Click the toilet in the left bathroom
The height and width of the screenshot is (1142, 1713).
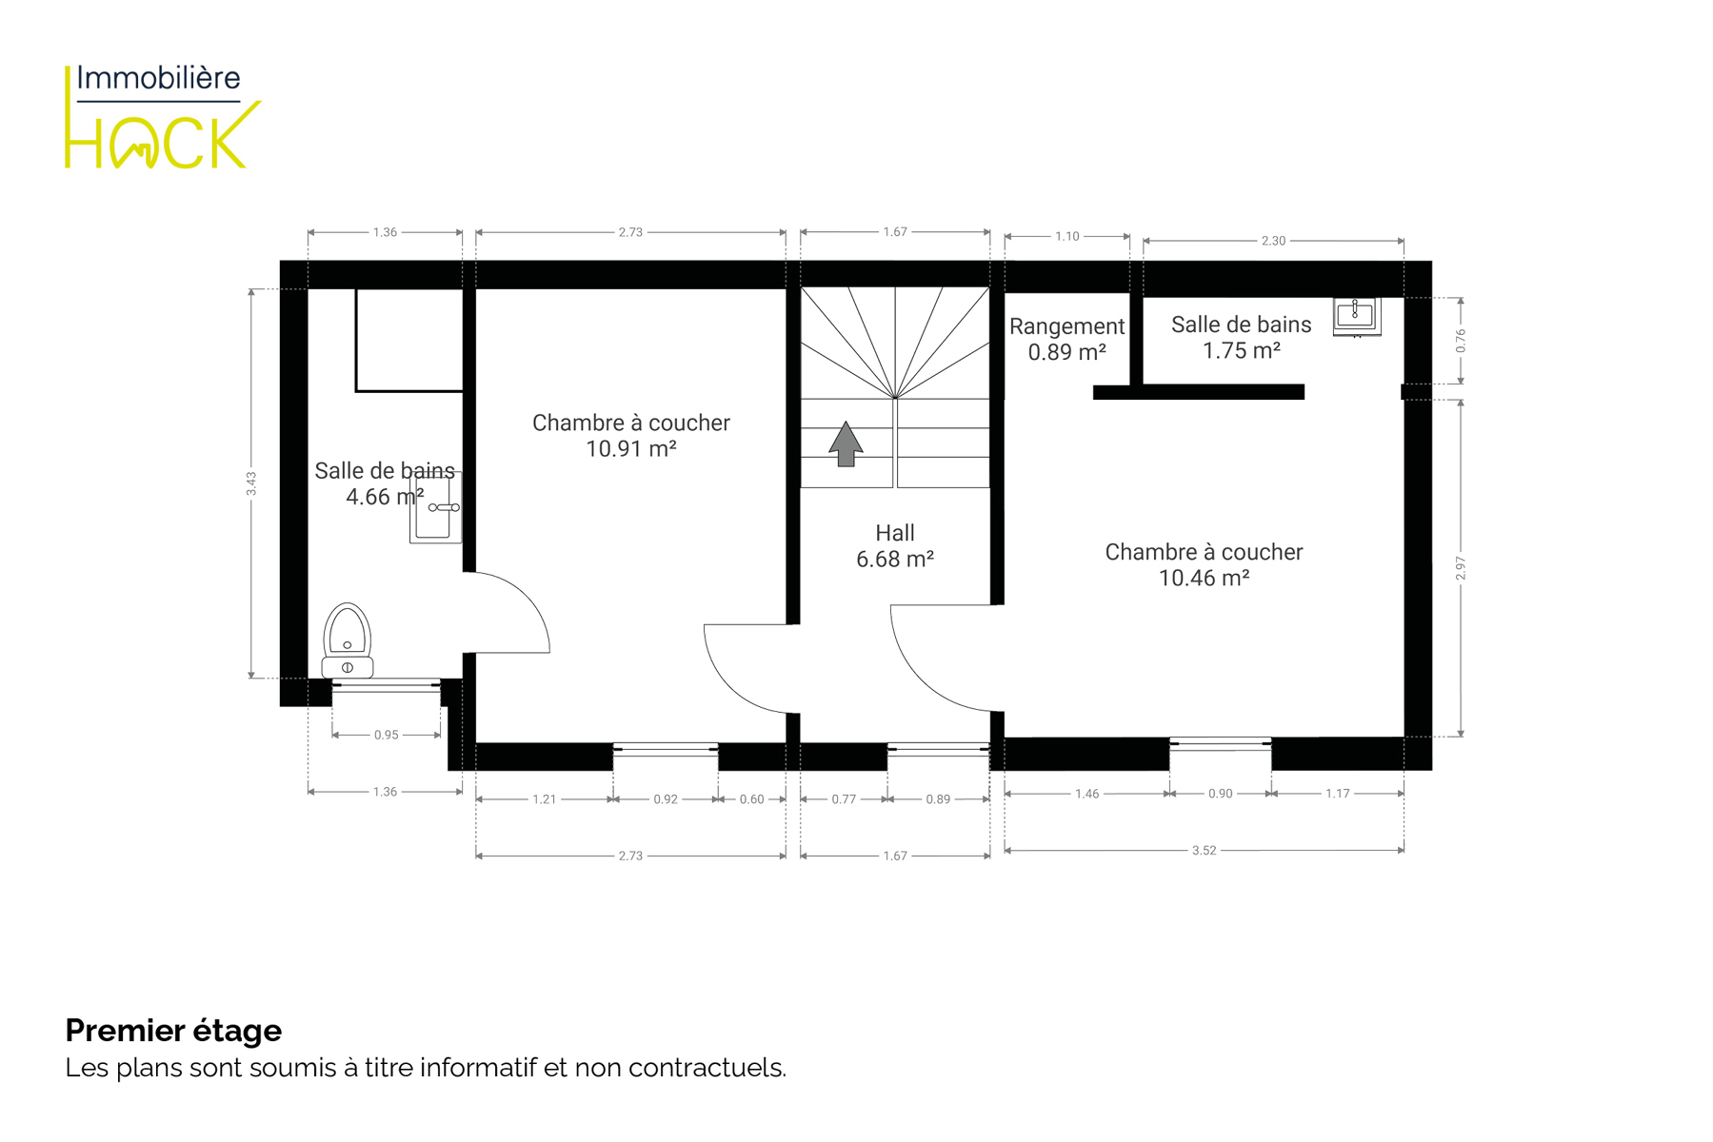[x=348, y=640]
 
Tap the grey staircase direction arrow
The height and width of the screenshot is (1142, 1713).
[x=846, y=443]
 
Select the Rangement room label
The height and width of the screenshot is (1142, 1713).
[x=1066, y=326]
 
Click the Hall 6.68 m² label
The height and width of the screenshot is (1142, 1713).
[x=894, y=546]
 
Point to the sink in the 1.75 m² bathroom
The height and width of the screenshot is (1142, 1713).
[x=1356, y=316]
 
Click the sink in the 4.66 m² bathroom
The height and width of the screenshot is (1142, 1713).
[x=436, y=508]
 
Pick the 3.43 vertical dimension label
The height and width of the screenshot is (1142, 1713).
[x=251, y=483]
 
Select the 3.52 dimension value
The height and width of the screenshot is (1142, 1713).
[x=1204, y=850]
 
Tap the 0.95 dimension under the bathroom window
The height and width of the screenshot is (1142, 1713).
[x=387, y=735]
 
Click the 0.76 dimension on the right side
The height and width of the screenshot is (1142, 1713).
[x=1461, y=341]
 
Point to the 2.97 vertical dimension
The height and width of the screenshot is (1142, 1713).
[x=1461, y=568]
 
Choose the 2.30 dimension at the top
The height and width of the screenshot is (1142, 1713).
[x=1273, y=241]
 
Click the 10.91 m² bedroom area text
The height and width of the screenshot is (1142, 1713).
[x=630, y=449]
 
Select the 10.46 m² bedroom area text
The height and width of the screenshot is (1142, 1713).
[x=1204, y=578]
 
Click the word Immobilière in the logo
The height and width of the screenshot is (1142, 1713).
[x=158, y=78]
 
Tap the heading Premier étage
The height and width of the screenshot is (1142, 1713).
[x=173, y=1031]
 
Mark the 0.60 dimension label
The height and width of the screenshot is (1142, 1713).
[x=752, y=799]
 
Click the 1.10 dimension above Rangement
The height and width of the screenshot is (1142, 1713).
[x=1067, y=236]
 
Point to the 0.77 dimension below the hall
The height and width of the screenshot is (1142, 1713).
[x=844, y=799]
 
